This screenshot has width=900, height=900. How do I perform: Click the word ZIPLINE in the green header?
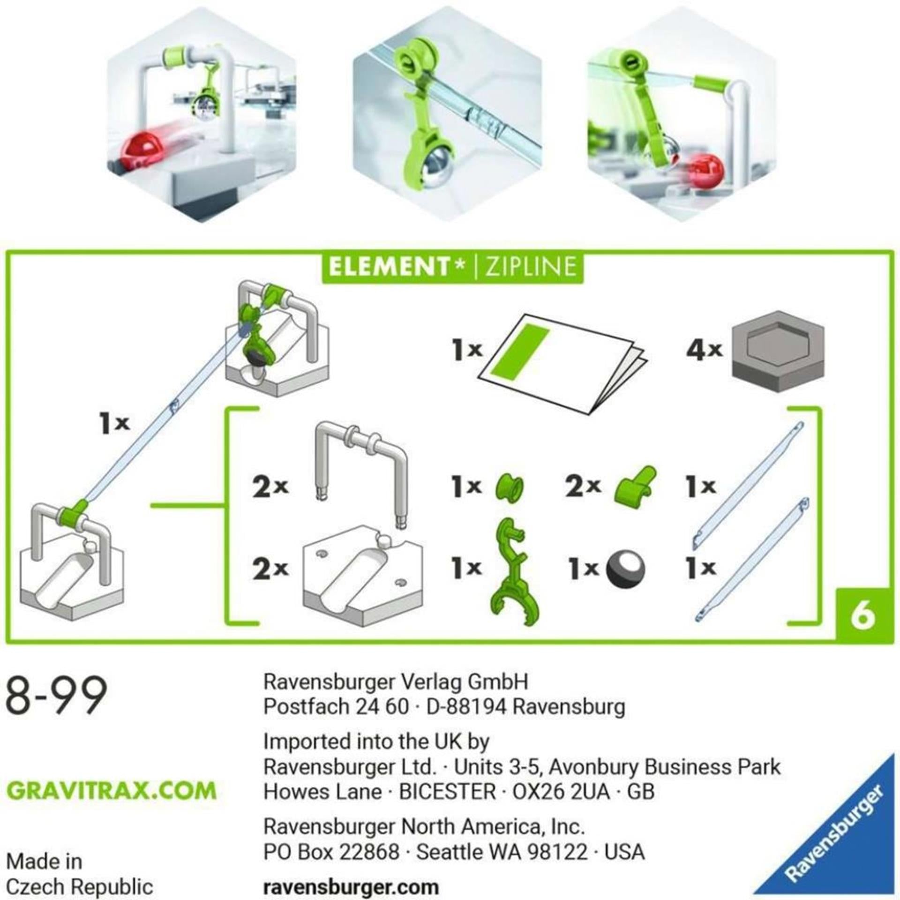(530, 267)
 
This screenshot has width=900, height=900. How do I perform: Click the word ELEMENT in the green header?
(389, 267)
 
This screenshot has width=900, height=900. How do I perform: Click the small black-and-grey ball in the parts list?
(625, 569)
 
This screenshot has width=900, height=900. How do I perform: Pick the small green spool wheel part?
(510, 486)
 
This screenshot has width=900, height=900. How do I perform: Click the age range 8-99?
(56, 695)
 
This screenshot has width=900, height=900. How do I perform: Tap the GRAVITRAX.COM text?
(112, 790)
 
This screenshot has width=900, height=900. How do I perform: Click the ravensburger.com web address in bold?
(351, 887)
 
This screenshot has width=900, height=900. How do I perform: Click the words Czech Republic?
(80, 887)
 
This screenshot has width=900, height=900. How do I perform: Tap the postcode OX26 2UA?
(561, 792)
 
